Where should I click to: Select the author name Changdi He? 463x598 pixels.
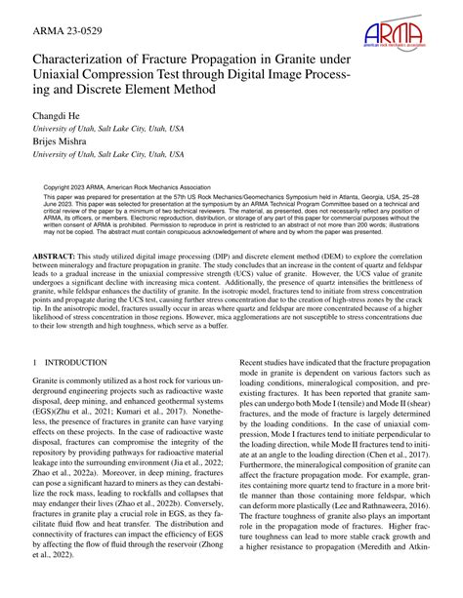point(59,116)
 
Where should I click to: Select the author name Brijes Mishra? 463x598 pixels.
point(63,140)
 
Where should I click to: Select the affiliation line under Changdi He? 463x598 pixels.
point(107,129)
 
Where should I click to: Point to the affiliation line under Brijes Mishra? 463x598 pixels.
point(107,154)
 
